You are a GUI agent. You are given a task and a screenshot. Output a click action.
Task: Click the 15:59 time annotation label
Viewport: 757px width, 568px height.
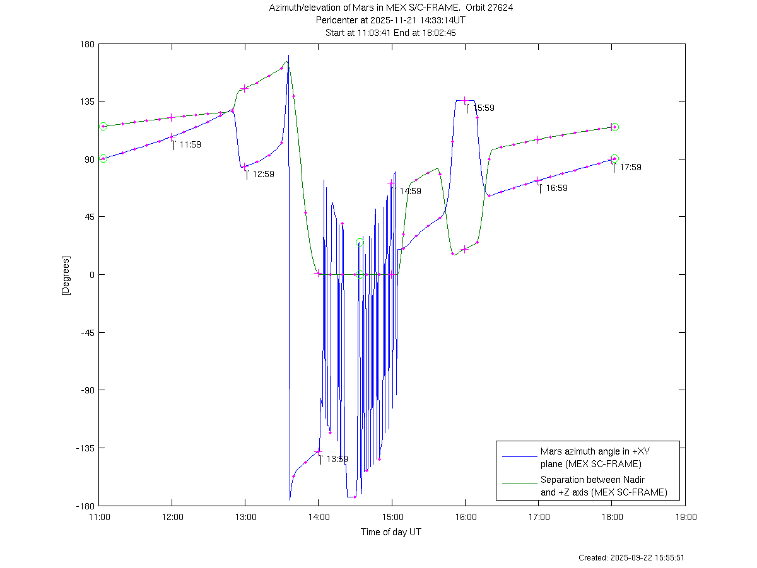tap(484, 108)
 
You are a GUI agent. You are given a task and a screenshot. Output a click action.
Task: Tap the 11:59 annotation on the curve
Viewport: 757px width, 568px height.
tap(190, 144)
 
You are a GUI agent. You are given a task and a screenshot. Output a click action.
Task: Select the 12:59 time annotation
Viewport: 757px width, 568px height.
tap(263, 174)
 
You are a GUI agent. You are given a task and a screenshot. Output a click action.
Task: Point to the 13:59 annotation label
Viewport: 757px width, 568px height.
tap(337, 459)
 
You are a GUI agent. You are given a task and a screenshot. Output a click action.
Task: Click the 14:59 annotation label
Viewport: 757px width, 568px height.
tap(410, 191)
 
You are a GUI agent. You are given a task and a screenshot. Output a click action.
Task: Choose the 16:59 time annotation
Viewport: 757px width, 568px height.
tap(556, 188)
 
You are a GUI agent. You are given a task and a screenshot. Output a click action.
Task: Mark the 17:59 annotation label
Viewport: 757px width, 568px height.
tap(630, 167)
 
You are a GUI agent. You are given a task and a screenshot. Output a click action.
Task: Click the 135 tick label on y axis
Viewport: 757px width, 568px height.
tap(86, 101)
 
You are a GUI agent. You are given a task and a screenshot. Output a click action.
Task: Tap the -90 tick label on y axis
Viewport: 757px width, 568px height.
tap(86, 390)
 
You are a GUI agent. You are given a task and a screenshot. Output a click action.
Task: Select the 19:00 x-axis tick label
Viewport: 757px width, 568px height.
tap(686, 517)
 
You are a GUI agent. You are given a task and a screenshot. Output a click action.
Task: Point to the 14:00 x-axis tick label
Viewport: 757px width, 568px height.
tap(319, 517)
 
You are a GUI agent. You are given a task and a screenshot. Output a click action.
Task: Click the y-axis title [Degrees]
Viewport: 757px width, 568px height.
tap(65, 275)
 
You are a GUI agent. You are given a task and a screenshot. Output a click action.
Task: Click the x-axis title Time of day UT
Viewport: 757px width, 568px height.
tap(391, 532)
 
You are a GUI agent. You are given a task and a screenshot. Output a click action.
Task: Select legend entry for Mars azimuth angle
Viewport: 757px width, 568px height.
tap(590, 458)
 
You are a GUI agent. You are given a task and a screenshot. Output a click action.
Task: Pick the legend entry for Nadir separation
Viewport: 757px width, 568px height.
tap(603, 486)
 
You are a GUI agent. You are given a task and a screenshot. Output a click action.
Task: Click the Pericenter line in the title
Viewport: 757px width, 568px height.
tap(391, 20)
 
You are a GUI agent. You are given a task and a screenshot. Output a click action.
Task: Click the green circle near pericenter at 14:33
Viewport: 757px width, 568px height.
tap(360, 243)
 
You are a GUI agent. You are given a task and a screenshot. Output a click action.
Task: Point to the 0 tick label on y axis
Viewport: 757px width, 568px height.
tap(91, 275)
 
